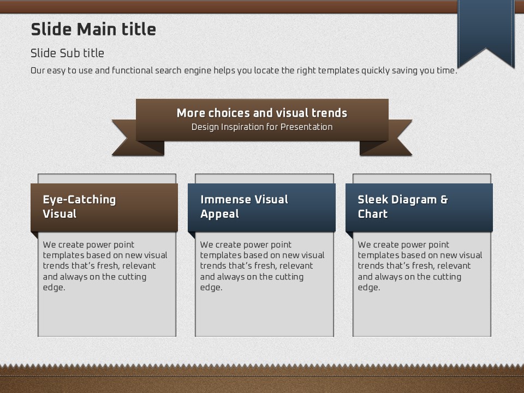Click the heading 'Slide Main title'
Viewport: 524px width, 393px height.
click(x=93, y=29)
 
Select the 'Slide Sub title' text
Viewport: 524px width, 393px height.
click(x=67, y=53)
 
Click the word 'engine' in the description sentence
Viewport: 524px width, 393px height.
click(x=198, y=70)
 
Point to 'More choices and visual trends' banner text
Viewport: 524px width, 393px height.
click(x=262, y=113)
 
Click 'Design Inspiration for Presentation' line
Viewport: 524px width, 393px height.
click(x=262, y=127)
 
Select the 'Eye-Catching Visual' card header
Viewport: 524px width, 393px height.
click(x=104, y=207)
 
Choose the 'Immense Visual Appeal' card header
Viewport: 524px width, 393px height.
click(x=261, y=207)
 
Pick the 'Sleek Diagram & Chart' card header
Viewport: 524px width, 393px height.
click(x=419, y=207)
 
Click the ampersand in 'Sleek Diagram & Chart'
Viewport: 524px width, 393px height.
click(x=444, y=200)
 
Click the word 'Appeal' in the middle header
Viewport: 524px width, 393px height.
click(x=219, y=214)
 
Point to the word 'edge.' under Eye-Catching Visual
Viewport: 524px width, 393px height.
click(x=54, y=288)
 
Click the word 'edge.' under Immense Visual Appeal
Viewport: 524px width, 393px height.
click(x=211, y=288)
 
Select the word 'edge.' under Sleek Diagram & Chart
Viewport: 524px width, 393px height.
click(x=369, y=288)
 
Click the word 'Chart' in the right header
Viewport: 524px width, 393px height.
click(x=373, y=214)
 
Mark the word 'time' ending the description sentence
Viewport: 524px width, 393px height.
click(x=446, y=70)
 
